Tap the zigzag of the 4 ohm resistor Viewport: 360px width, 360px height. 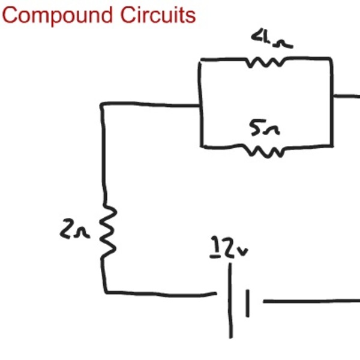[x=266, y=62]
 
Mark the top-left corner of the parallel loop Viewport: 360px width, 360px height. [x=200, y=60]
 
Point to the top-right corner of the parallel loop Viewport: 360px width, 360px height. [x=331, y=59]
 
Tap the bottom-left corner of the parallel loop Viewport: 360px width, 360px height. [x=202, y=146]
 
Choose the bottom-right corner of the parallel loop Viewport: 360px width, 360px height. [x=331, y=145]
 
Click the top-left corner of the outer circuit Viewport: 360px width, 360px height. [x=102, y=105]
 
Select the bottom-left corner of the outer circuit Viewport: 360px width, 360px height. [x=106, y=292]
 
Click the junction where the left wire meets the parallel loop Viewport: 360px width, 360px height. [x=200, y=106]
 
